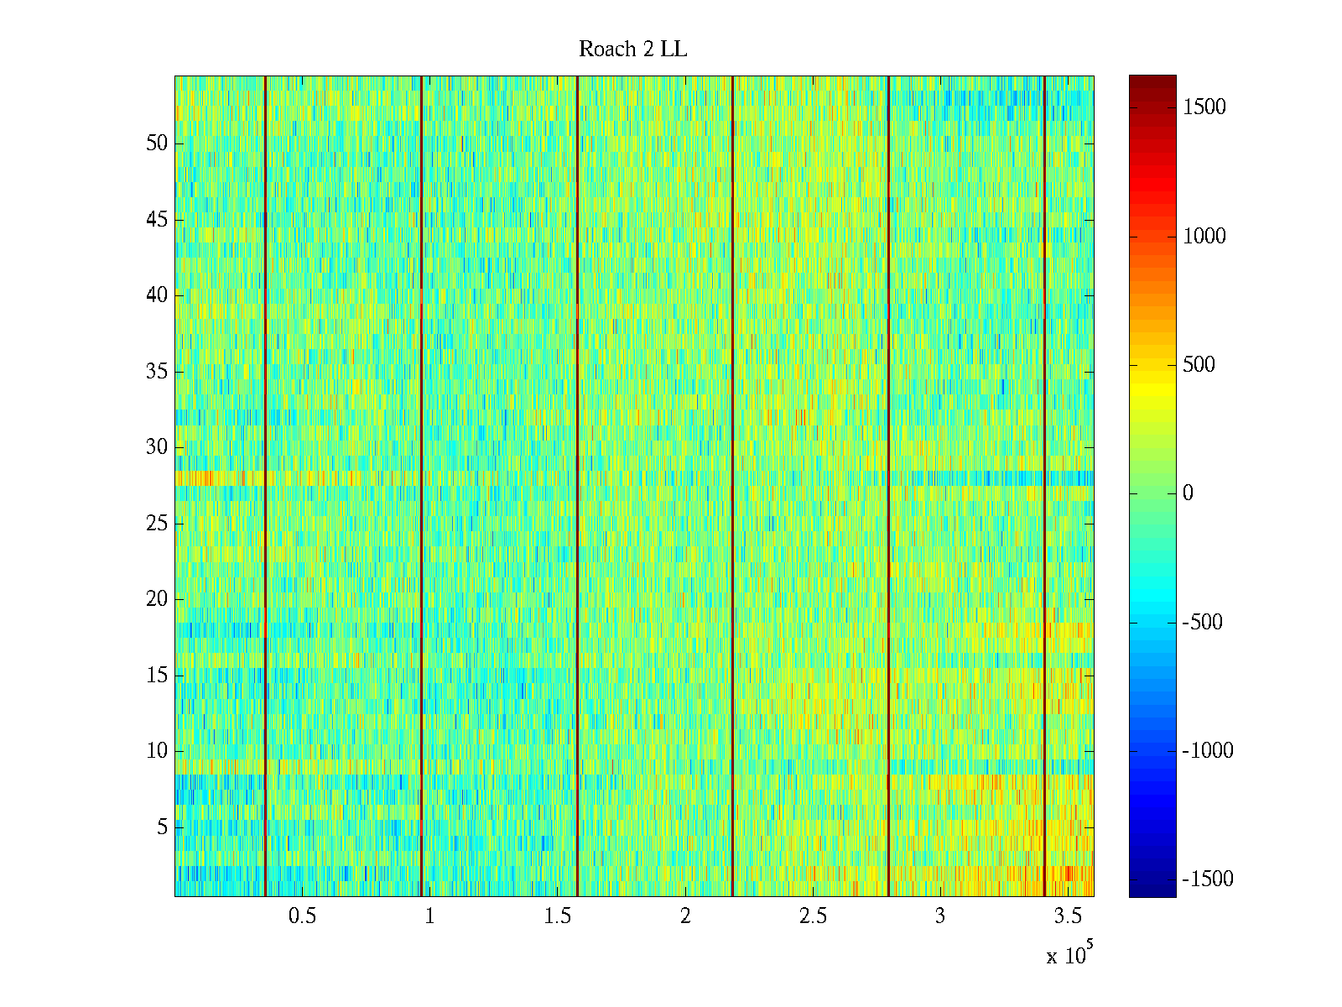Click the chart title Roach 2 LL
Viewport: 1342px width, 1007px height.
click(x=632, y=50)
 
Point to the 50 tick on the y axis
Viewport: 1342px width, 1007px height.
click(x=157, y=143)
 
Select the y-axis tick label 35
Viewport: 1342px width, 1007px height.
click(x=157, y=372)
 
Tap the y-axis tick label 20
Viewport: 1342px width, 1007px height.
click(x=157, y=599)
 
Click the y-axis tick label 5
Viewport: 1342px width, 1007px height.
click(x=162, y=827)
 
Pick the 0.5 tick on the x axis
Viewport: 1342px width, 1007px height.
click(x=302, y=916)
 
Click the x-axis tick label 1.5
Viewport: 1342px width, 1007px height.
click(x=558, y=916)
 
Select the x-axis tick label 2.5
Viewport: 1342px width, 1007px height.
click(x=813, y=916)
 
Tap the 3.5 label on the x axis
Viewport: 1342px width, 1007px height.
click(x=1068, y=916)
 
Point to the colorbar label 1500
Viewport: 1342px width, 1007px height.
click(x=1204, y=107)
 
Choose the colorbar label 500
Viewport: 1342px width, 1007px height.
click(x=1199, y=365)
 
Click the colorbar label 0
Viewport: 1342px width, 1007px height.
click(x=1188, y=493)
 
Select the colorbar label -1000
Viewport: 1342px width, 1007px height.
click(x=1208, y=751)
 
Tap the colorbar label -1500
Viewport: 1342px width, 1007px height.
click(x=1208, y=879)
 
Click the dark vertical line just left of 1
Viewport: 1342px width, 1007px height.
click(x=421, y=487)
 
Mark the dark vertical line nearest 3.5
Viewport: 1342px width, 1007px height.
click(x=1044, y=487)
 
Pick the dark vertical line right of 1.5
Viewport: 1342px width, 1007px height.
click(x=577, y=487)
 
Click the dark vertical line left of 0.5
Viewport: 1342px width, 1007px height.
click(x=265, y=487)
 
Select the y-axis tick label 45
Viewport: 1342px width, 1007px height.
click(x=157, y=220)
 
